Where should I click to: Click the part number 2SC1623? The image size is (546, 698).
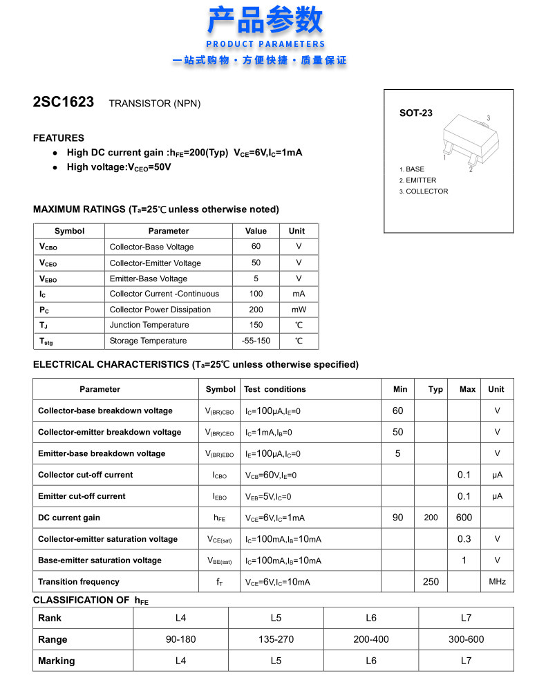pos(64,102)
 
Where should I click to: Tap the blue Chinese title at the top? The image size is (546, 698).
pos(265,21)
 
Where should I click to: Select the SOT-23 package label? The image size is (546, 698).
pos(416,113)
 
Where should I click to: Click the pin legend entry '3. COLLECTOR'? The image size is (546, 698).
pos(424,191)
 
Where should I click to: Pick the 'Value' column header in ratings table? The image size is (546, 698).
pos(256,231)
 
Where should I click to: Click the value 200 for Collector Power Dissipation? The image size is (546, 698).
pos(256,310)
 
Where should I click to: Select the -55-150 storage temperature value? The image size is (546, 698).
pos(256,341)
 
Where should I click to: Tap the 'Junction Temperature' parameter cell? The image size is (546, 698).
pos(149,325)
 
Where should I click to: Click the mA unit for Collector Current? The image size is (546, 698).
pos(299,294)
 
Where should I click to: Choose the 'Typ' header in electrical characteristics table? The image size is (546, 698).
pos(435,389)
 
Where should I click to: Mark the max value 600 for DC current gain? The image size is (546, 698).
pos(464,518)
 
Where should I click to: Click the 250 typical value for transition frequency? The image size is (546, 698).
pos(431,582)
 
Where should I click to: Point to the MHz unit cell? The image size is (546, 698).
pos(497,582)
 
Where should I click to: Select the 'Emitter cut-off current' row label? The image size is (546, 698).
pos(82,496)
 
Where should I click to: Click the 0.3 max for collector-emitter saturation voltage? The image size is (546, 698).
pos(464,539)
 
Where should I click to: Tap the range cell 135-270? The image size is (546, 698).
pos(276,639)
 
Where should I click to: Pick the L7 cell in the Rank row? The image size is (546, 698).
pos(466,618)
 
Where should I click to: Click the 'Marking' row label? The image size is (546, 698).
pos(57,661)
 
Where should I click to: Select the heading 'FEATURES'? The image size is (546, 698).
pos(59,138)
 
